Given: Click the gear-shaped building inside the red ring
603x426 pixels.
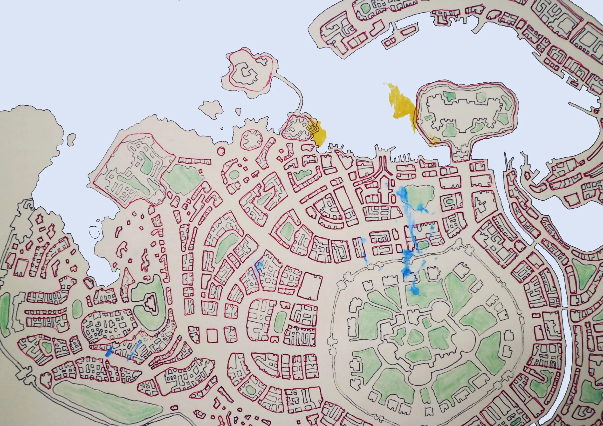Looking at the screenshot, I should [251, 139].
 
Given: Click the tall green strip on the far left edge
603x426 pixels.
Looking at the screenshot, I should [5, 315].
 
